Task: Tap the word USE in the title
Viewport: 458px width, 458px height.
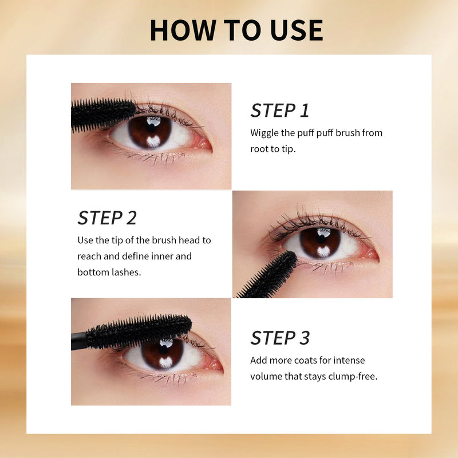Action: pyautogui.click(x=297, y=30)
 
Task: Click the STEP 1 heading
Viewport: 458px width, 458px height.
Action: pyautogui.click(x=279, y=110)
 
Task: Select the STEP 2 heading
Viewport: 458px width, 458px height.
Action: pyautogui.click(x=107, y=218)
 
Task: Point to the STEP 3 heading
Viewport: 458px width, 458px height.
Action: pyautogui.click(x=280, y=338)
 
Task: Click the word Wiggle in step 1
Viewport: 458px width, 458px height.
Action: pyautogui.click(x=264, y=133)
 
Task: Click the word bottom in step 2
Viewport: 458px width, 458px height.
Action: pyautogui.click(x=93, y=273)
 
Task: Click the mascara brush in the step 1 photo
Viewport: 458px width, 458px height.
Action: pyautogui.click(x=103, y=114)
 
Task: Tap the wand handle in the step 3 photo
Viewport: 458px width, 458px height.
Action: pyautogui.click(x=79, y=341)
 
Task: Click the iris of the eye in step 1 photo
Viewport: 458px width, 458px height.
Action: pyautogui.click(x=150, y=132)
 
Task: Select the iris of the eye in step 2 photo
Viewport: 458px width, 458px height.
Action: pyautogui.click(x=321, y=243)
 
